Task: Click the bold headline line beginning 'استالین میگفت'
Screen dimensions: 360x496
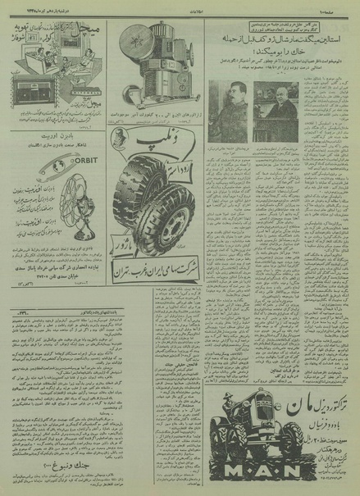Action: point(279,39)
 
